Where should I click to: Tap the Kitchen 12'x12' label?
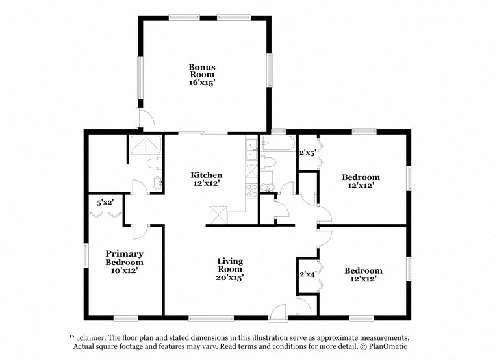[206, 180]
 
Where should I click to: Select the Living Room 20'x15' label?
[230, 269]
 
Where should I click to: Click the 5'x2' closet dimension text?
[106, 202]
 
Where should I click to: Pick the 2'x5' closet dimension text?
[307, 153]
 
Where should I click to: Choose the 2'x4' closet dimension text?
[307, 274]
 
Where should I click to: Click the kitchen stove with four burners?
[250, 190]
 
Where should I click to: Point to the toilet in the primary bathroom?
[155, 164]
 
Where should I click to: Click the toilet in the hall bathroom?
[269, 162]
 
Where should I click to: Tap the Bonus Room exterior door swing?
[146, 119]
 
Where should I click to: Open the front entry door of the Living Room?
[278, 313]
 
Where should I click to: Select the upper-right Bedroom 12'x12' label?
[361, 181]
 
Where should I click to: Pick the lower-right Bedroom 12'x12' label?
[362, 274]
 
